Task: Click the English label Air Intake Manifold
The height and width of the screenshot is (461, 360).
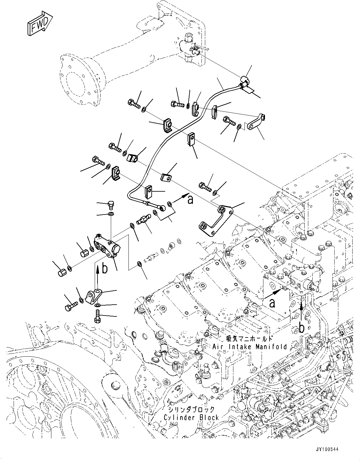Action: [249, 347]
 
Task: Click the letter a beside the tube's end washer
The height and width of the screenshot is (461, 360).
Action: [190, 199]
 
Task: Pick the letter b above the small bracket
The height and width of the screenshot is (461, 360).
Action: [105, 268]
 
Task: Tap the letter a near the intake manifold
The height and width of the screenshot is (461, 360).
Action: [272, 303]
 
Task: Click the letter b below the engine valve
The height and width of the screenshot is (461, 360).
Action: [301, 327]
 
